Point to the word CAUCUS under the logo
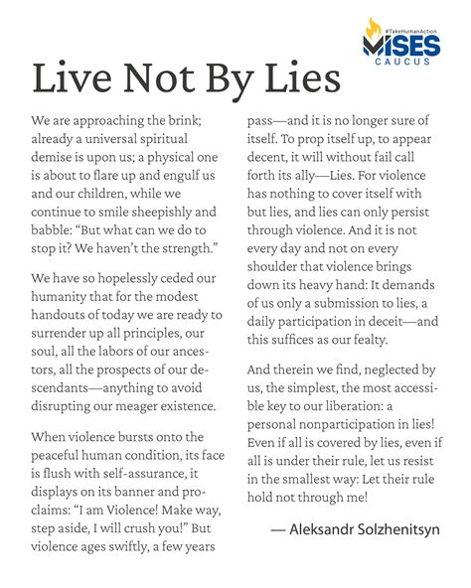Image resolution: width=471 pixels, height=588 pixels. point(407,63)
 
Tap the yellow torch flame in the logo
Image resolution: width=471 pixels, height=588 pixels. point(373,28)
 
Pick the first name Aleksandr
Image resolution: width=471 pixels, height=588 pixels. point(324,529)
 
